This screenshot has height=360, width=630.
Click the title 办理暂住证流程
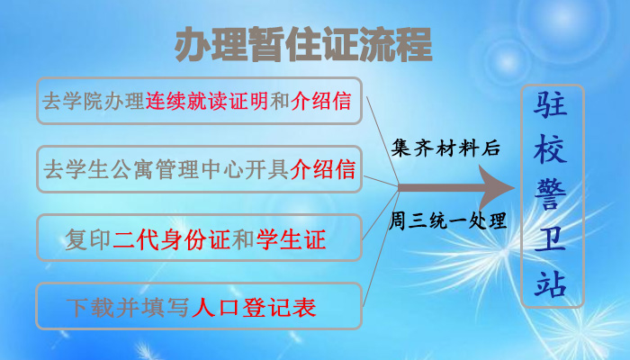pos(303,44)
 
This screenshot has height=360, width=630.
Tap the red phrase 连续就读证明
pos(206,101)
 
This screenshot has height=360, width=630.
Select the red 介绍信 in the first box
pos(321,101)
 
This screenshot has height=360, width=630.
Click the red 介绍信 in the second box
pos(322,169)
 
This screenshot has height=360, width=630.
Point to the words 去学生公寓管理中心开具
pos(166,169)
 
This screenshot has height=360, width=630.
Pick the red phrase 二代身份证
pos(171,239)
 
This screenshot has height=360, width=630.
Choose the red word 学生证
pos(291,239)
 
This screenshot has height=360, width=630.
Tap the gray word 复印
pos(88,239)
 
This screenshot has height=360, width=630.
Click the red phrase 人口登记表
pos(255,308)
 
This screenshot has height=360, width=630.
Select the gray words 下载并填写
pos(128,308)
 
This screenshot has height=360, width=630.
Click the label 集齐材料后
pos(445,148)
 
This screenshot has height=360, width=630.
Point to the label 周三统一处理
pos(447,220)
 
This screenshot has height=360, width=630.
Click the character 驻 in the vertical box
pos(551,104)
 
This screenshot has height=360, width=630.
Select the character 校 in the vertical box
pos(551,149)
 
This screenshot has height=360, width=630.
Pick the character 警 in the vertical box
pos(551,195)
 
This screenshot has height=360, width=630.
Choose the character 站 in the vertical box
pos(551,283)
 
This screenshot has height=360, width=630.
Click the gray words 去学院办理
pos(94,101)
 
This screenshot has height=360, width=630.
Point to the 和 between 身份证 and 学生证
pos(243,239)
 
